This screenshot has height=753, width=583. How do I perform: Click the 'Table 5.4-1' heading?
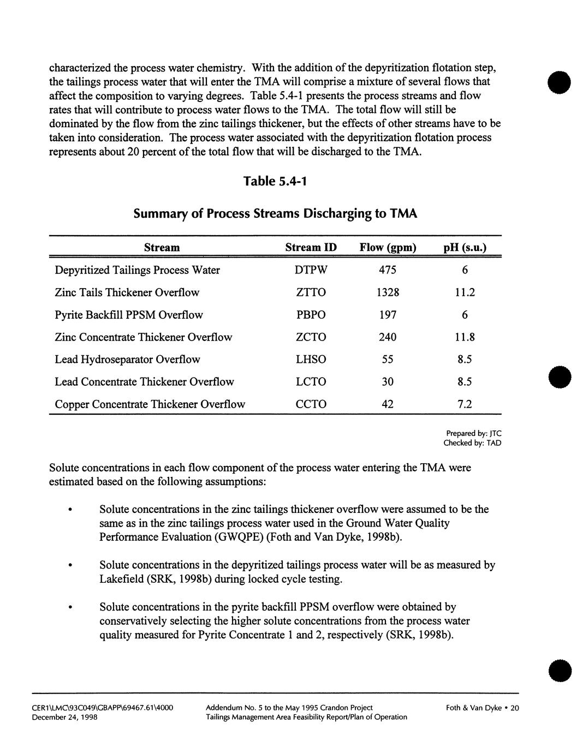pyautogui.click(x=275, y=181)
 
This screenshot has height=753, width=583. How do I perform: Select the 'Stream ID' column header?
pyautogui.click(x=311, y=248)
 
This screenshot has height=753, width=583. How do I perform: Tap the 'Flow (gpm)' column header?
pyautogui.click(x=388, y=248)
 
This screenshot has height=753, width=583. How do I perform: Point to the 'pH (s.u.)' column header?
pyautogui.click(x=465, y=248)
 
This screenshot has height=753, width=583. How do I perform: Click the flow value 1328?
pyautogui.click(x=388, y=292)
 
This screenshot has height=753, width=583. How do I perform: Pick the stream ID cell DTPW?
pyautogui.click(x=311, y=270)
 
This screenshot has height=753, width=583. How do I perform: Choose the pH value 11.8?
pyautogui.click(x=465, y=337)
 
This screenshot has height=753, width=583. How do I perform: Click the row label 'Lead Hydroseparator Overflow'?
pyautogui.click(x=127, y=360)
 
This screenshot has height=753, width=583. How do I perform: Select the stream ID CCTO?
pyautogui.click(x=311, y=404)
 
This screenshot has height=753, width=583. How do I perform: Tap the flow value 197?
pyautogui.click(x=388, y=315)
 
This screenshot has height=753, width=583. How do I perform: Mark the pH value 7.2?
pyautogui.click(x=465, y=404)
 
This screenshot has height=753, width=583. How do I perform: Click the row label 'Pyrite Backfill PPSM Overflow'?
pyautogui.click(x=129, y=315)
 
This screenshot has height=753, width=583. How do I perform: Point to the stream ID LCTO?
pyautogui.click(x=311, y=382)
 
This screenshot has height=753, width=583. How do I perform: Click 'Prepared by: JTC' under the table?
pyautogui.click(x=473, y=434)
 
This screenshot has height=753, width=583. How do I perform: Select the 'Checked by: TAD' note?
pyautogui.click(x=472, y=443)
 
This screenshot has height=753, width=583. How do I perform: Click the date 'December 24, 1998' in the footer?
pyautogui.click(x=64, y=717)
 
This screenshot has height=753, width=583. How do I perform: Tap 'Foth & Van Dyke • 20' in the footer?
pyautogui.click(x=482, y=708)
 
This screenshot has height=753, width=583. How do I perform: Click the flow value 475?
pyautogui.click(x=388, y=270)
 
